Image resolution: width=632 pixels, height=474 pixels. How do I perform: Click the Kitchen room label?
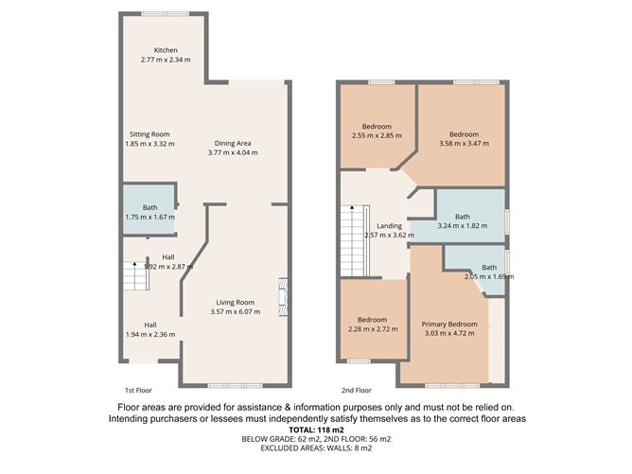coord(166,50)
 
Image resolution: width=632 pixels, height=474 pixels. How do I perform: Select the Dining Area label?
coord(232,142)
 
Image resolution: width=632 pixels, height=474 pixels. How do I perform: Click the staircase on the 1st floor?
coord(132,277)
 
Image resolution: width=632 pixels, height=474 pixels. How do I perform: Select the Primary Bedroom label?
coord(449,324)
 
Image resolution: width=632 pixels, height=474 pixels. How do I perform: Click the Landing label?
coord(389,226)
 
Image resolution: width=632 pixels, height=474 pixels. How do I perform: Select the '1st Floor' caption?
coord(138,390)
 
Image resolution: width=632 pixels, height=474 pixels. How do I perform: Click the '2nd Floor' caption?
coord(356,390)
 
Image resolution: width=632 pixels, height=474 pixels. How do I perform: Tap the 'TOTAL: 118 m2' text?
coord(316,430)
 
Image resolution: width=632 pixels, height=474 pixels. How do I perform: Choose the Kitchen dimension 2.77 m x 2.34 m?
coord(166,60)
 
